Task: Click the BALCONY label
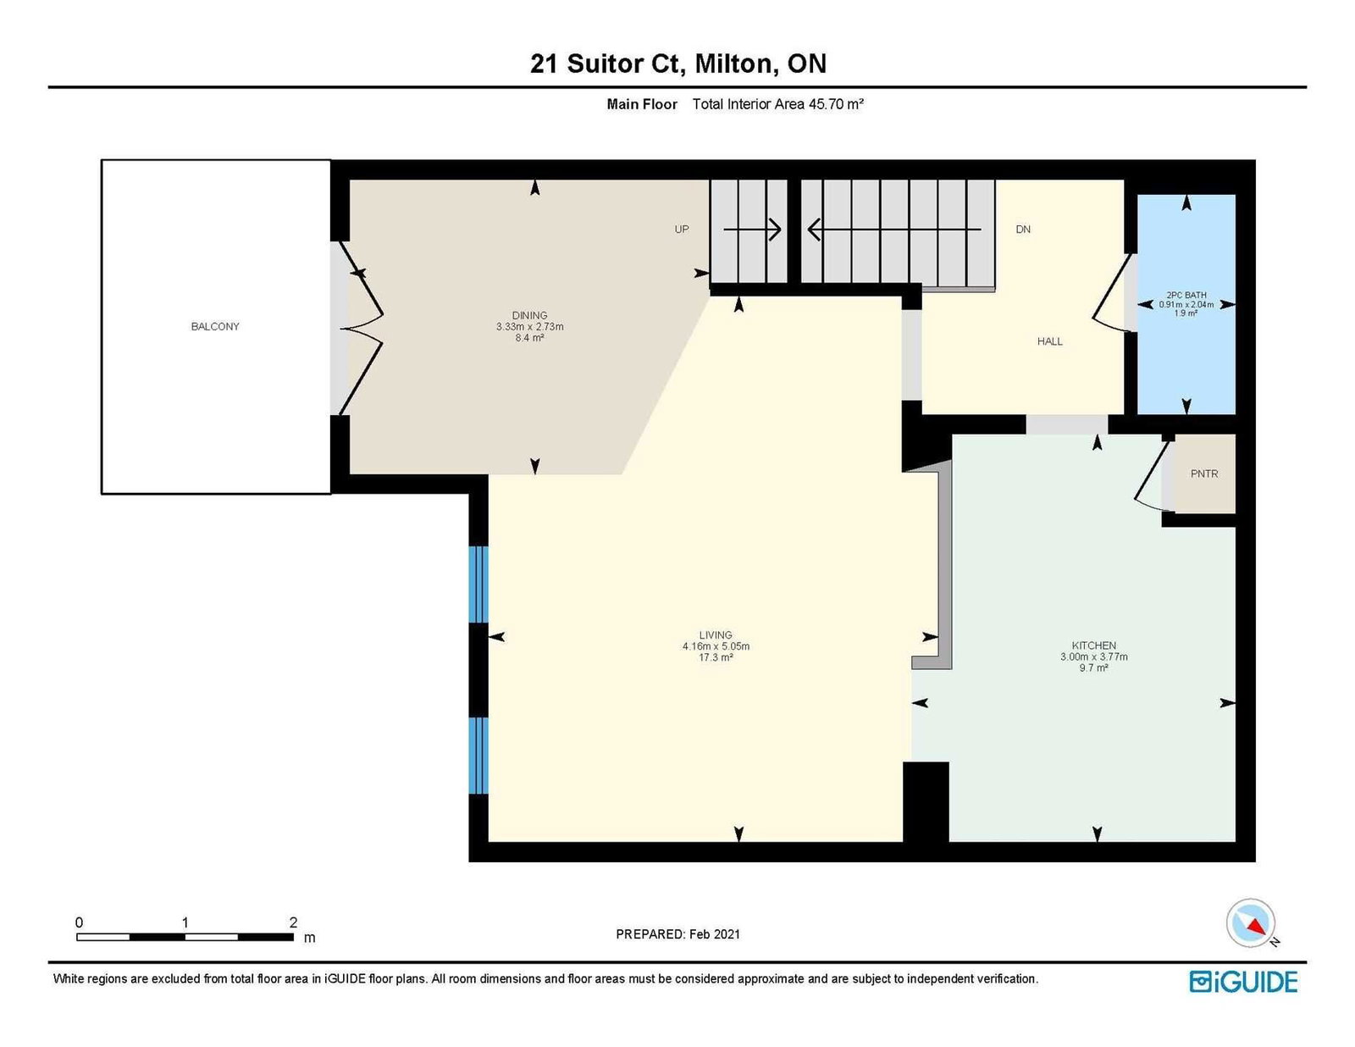point(215,326)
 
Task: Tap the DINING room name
point(529,315)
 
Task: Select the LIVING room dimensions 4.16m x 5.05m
point(716,646)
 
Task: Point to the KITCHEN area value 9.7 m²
point(1093,668)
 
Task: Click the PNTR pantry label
point(1204,474)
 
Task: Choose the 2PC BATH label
point(1186,295)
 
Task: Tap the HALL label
point(1050,341)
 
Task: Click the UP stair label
point(682,230)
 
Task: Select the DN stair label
point(1023,230)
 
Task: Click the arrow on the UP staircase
point(752,230)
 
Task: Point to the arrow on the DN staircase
point(894,230)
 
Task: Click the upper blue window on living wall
point(478,584)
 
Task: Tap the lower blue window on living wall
point(478,755)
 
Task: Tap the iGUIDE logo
point(1243,982)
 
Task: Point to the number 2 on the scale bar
point(293,922)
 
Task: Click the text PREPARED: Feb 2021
point(677,934)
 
